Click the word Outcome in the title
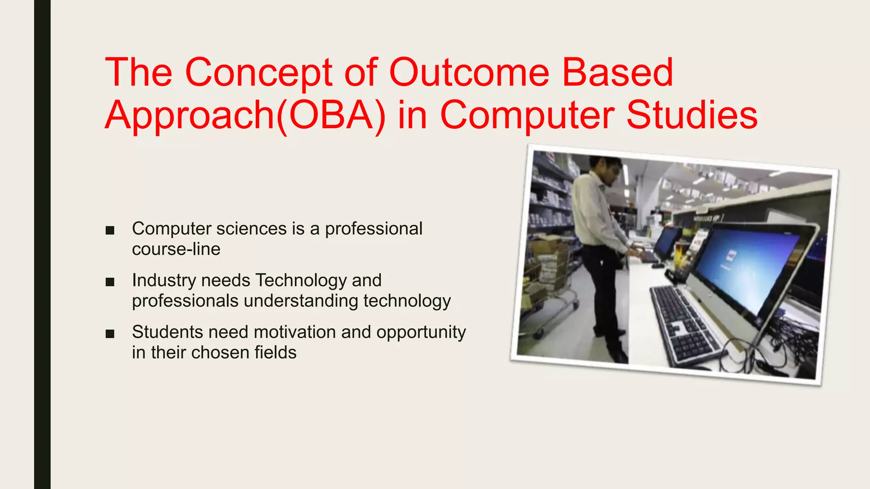tap(469, 73)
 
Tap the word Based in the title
tap(618, 73)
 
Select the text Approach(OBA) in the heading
tap(245, 115)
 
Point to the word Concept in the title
tap(258, 73)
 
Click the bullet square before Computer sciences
tap(110, 230)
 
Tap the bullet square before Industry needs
tap(110, 282)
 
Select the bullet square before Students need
tap(110, 334)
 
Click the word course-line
tap(176, 249)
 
